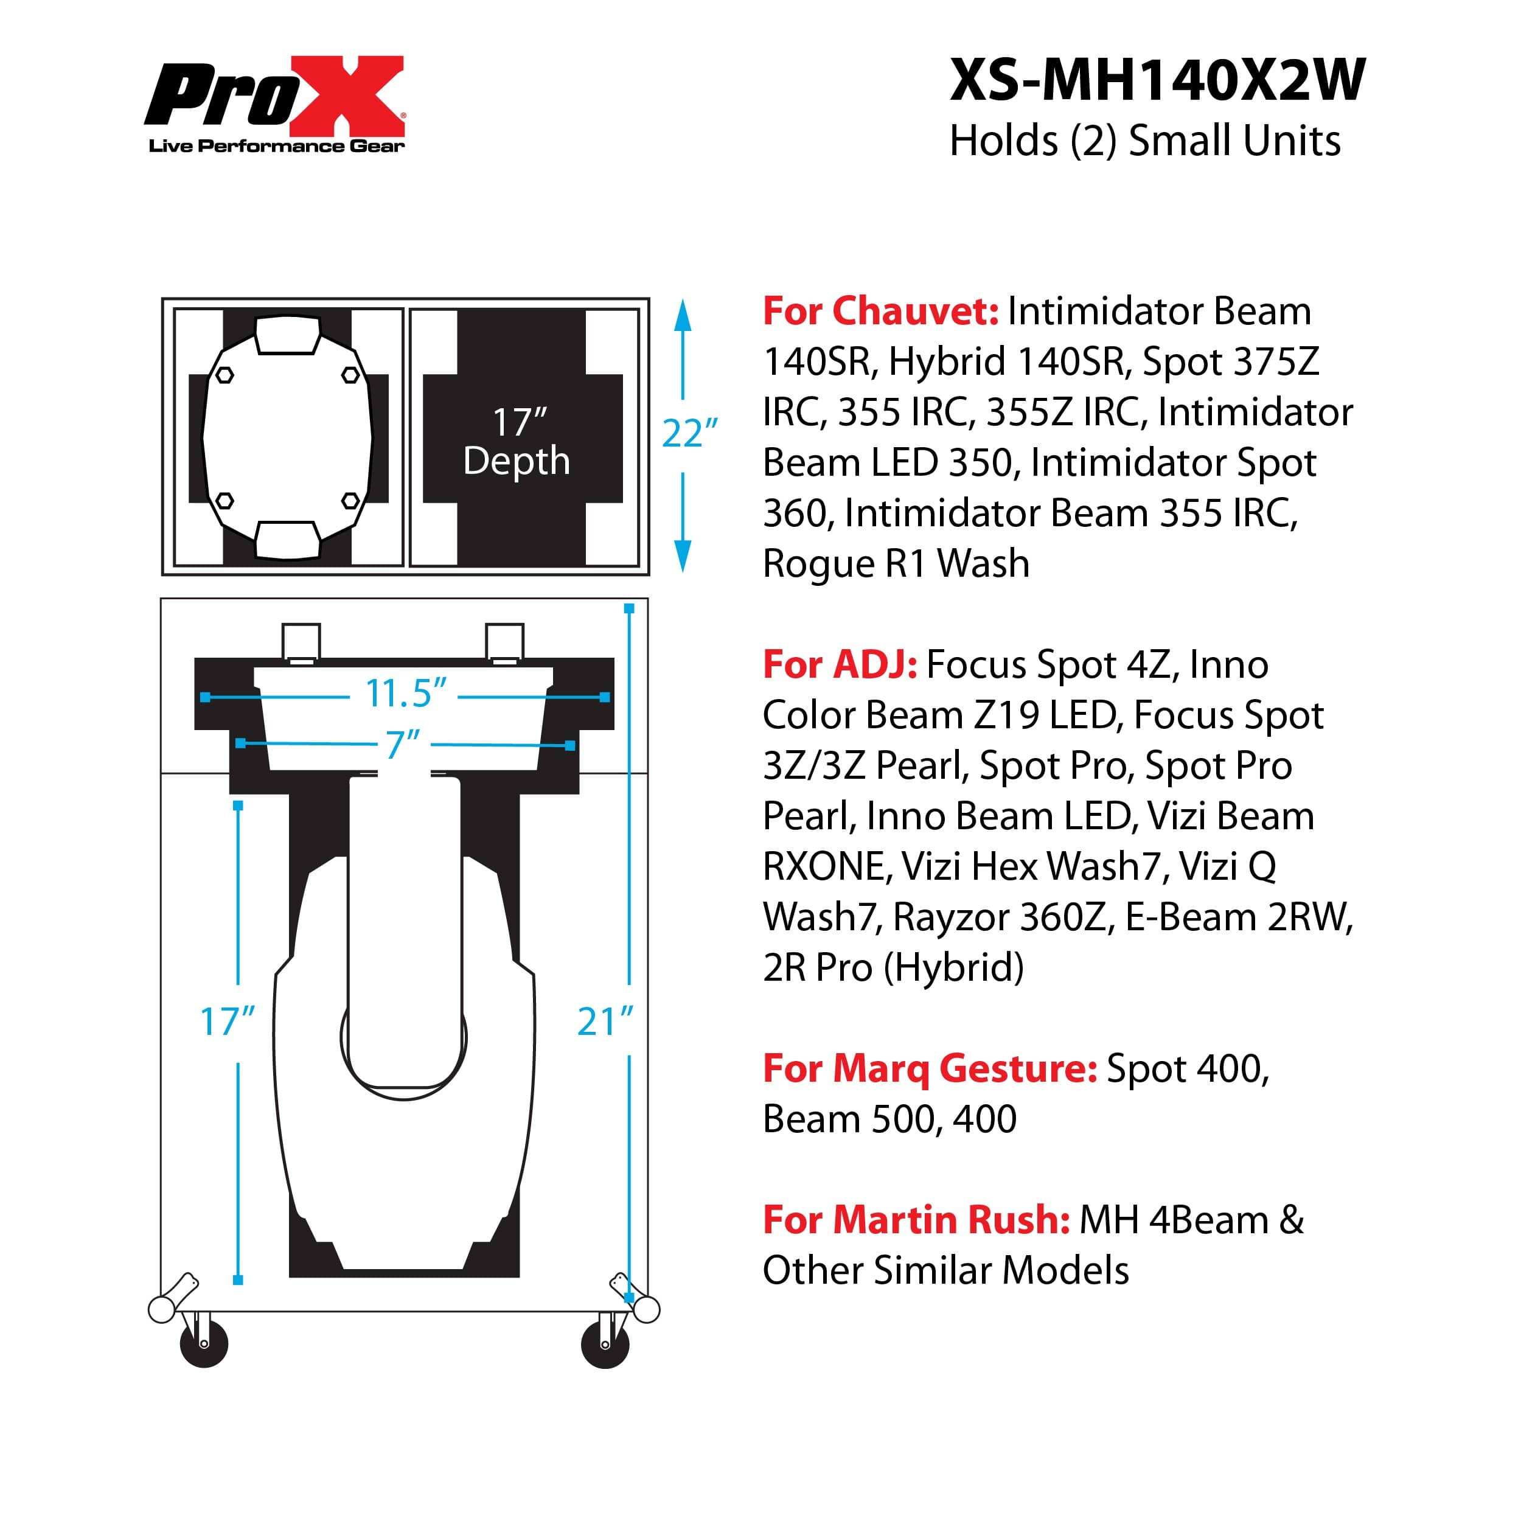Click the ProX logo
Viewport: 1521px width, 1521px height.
tap(274, 104)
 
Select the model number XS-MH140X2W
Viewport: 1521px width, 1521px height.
tap(1157, 80)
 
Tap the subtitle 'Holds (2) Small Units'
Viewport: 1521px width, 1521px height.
tap(1144, 141)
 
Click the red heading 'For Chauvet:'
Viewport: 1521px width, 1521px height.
tap(880, 311)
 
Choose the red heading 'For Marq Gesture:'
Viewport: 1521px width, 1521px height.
tap(930, 1068)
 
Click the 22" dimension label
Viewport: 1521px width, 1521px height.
tap(690, 433)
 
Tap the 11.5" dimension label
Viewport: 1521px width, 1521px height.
tap(405, 693)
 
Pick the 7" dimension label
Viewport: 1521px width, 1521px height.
tap(402, 744)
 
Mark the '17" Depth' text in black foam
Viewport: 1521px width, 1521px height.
tap(517, 441)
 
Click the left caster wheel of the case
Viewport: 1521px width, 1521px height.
tap(203, 1343)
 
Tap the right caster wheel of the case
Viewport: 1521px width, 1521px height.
tap(605, 1343)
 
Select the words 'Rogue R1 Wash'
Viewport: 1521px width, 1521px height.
tap(896, 564)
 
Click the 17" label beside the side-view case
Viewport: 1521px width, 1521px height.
tap(228, 1022)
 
